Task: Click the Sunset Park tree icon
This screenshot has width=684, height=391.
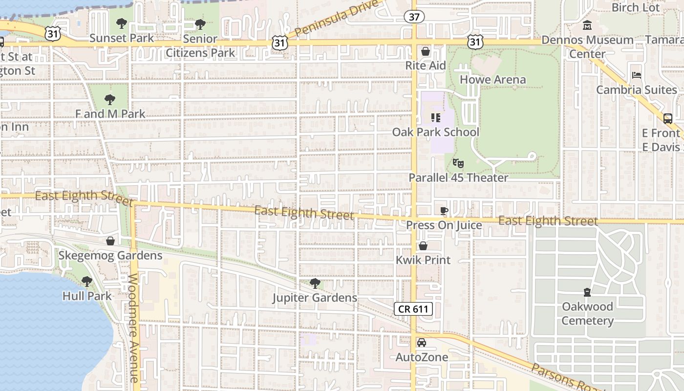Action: (x=122, y=23)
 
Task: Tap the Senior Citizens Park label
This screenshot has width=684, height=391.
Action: (x=200, y=45)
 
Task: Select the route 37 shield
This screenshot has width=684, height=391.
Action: (x=414, y=17)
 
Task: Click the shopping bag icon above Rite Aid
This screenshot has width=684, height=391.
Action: (x=425, y=51)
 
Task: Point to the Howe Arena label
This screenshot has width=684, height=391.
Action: (x=492, y=79)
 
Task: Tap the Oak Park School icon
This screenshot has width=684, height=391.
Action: (x=435, y=118)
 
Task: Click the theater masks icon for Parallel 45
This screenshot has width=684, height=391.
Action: (x=458, y=163)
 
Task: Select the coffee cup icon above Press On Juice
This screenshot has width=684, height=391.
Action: (x=444, y=211)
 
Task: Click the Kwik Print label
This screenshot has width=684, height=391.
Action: (x=423, y=260)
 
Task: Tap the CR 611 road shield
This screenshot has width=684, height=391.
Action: (x=413, y=309)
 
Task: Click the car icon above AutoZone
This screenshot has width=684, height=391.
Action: (x=421, y=343)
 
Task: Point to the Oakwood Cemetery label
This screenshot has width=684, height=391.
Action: (x=587, y=313)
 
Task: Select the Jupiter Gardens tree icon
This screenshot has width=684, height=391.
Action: (x=315, y=283)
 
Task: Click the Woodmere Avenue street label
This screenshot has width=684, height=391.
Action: (x=133, y=327)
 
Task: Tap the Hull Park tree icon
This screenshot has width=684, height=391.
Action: (x=87, y=282)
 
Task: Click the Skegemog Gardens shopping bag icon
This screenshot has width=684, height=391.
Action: (x=110, y=241)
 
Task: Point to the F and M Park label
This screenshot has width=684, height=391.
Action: (x=110, y=114)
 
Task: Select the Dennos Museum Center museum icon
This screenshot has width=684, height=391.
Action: (x=587, y=25)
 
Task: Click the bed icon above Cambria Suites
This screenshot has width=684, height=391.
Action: (x=636, y=75)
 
